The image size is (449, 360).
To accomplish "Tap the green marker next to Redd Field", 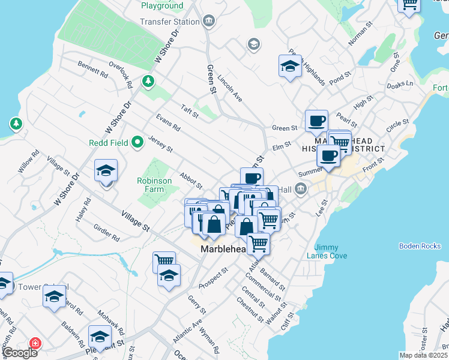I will click(137, 143).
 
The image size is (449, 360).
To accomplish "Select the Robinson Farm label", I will click(154, 185).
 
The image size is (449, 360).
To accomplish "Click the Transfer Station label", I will click(170, 22).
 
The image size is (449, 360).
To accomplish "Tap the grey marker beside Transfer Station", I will click(209, 22).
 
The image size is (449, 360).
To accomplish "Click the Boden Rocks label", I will click(419, 246).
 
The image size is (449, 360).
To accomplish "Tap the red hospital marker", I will click(35, 343).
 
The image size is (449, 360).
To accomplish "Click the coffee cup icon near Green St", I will click(316, 121).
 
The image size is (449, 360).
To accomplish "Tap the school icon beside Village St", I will click(106, 170).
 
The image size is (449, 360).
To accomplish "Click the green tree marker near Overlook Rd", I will click(147, 80).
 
